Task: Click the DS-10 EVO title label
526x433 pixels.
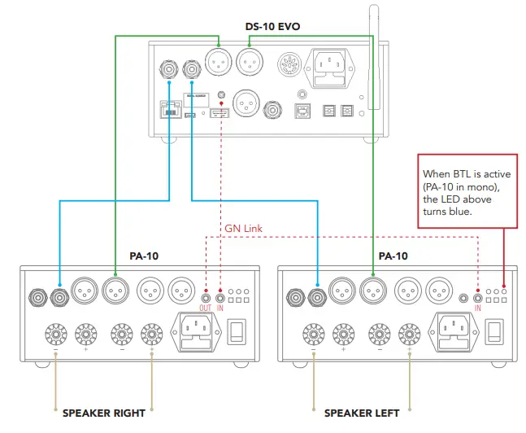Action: pyautogui.click(x=272, y=26)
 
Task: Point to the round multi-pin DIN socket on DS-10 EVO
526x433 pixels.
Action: pyautogui.click(x=290, y=64)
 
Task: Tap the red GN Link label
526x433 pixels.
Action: pyautogui.click(x=245, y=228)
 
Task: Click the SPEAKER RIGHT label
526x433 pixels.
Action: pyautogui.click(x=104, y=413)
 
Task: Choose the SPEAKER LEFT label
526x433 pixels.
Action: pyautogui.click(x=362, y=413)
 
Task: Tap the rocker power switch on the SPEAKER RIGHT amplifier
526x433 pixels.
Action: pyautogui.click(x=237, y=330)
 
